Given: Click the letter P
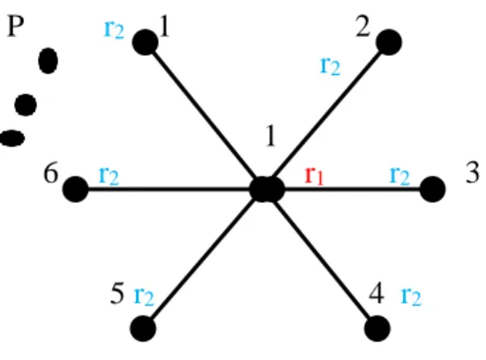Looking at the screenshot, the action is click(x=15, y=26).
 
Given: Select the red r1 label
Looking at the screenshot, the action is click(x=314, y=176).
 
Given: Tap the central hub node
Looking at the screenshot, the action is click(x=267, y=189).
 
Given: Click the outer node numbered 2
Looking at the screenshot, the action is click(x=389, y=42).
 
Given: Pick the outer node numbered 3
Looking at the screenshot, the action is click(x=433, y=189).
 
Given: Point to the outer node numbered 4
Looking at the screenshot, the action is click(x=378, y=328).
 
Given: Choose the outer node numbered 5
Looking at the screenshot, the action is click(x=143, y=328).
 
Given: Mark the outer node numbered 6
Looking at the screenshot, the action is click(x=76, y=189).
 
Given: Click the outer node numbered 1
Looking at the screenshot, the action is click(x=145, y=42).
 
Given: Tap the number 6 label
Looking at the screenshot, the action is click(x=51, y=172).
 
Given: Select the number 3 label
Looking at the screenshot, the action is click(x=473, y=172).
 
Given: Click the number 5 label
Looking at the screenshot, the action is click(x=117, y=293).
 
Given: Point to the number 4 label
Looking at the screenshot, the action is click(x=377, y=293).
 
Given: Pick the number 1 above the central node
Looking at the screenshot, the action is click(x=271, y=136).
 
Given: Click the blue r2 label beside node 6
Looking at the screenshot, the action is click(x=108, y=176).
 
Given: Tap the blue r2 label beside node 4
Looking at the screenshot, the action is click(x=411, y=297).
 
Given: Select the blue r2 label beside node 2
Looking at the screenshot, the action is click(x=330, y=66).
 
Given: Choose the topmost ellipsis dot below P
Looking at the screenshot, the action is click(x=48, y=61).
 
